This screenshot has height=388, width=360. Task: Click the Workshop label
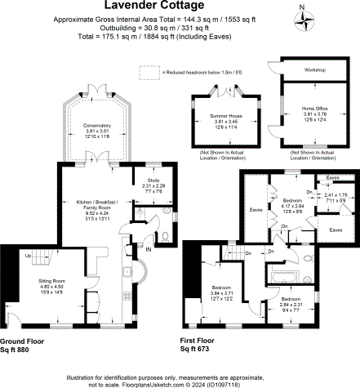(x=315, y=70)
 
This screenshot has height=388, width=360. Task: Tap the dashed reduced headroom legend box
(x=148, y=73)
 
